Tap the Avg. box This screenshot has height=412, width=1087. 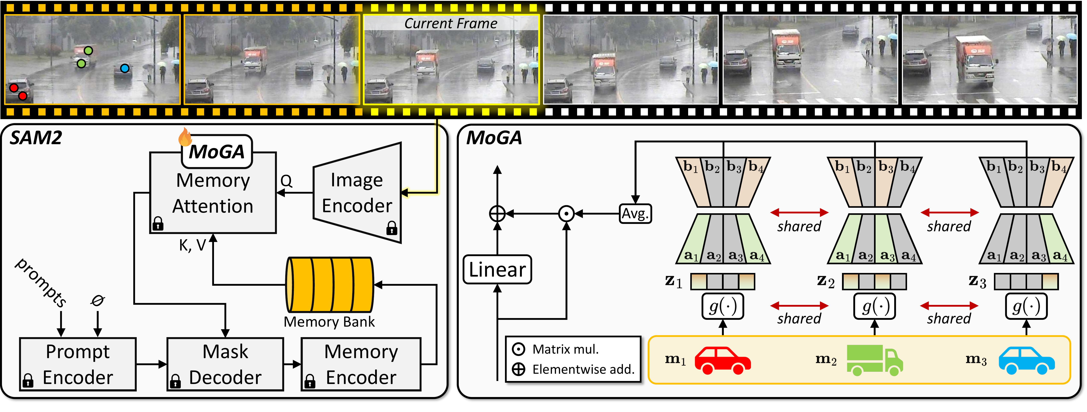[x=635, y=214]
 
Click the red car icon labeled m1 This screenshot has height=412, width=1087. [x=722, y=360]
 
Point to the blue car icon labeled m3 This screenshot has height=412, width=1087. [x=1026, y=360]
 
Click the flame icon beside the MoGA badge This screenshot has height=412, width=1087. [x=185, y=137]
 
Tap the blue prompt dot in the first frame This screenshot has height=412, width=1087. [x=125, y=68]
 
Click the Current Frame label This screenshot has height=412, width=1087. [x=451, y=24]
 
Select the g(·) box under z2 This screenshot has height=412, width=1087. [x=874, y=306]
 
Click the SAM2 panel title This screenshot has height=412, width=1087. [x=36, y=138]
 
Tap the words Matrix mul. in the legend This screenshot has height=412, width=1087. [x=566, y=349]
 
